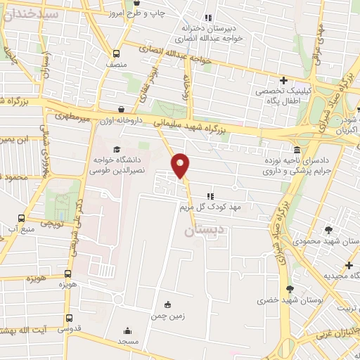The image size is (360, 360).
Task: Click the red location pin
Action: (x=181, y=165)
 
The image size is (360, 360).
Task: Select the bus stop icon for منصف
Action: (x=117, y=53)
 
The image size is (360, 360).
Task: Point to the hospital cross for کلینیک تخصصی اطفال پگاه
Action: (x=283, y=81)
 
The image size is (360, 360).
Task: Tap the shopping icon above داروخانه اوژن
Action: (x=124, y=110)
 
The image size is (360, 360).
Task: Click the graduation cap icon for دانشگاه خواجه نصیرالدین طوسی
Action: (x=115, y=149)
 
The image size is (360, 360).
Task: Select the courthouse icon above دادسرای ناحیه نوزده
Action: (x=298, y=150)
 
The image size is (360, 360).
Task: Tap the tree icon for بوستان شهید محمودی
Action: (x=328, y=229)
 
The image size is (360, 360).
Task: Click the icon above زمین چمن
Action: (x=167, y=304)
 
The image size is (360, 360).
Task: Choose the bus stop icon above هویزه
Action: (x=68, y=274)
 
